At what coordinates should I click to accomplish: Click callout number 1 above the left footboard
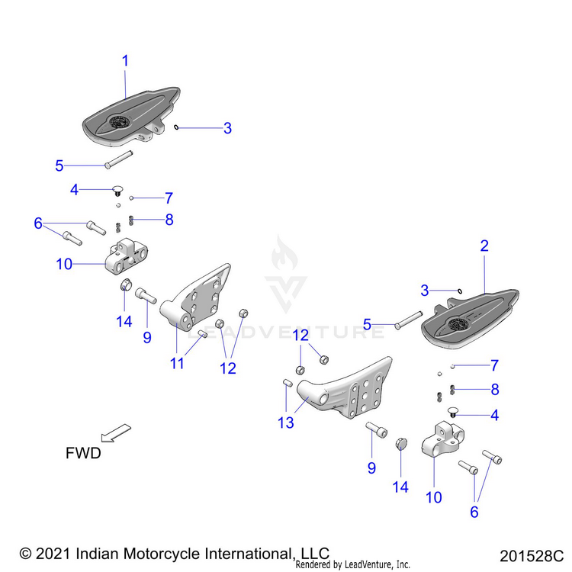(x=126, y=60)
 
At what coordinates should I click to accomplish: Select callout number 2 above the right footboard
(x=484, y=246)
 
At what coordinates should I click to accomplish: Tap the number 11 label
(x=177, y=364)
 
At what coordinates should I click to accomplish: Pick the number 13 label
(x=285, y=422)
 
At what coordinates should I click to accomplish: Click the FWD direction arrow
(x=117, y=432)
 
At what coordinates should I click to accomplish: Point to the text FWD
(x=83, y=453)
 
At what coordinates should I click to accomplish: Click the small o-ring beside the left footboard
(x=176, y=127)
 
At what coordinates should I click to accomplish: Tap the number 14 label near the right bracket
(x=400, y=487)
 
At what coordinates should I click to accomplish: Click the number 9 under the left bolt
(x=147, y=337)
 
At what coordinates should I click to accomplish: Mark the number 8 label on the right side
(x=495, y=390)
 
